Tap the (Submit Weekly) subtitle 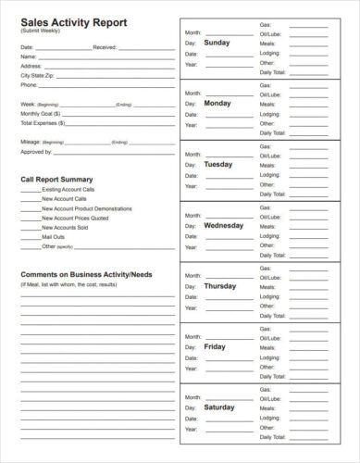(41, 31)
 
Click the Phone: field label (30, 85)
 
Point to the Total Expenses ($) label (43, 122)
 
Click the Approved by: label (36, 151)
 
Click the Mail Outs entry (55, 237)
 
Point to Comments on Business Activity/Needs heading (86, 275)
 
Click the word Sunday (217, 43)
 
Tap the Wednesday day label (223, 225)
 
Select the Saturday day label (219, 407)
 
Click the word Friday (215, 347)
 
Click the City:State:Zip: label (39, 75)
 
